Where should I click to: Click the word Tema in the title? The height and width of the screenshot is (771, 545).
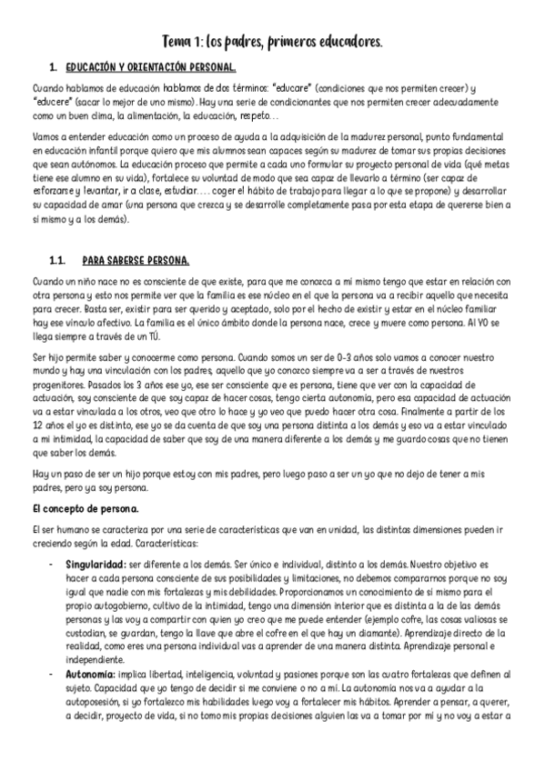(177, 42)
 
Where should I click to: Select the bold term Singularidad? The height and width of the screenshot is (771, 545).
(95, 565)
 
